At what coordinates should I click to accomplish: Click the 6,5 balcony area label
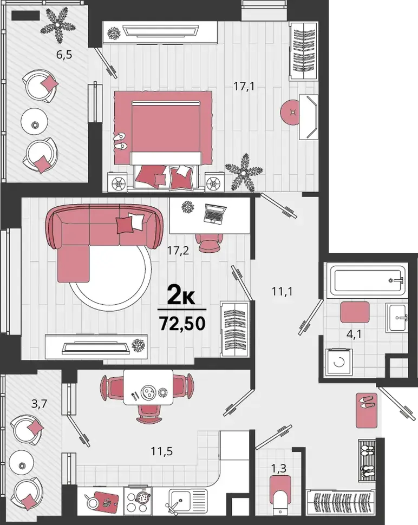(x=64, y=55)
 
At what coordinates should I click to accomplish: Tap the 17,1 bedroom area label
(x=244, y=87)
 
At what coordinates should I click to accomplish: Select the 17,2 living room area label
(x=178, y=250)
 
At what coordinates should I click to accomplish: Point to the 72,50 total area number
(x=182, y=324)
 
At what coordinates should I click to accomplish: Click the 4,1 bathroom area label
(x=354, y=334)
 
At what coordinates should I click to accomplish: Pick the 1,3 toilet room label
(x=279, y=468)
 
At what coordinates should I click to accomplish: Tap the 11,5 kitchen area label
(x=162, y=451)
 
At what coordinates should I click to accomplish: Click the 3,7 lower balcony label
(x=39, y=404)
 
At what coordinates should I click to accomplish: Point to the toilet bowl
(x=280, y=496)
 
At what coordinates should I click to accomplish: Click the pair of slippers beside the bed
(x=120, y=141)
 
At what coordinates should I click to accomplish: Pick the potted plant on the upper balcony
(x=58, y=26)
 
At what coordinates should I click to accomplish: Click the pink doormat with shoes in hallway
(x=367, y=410)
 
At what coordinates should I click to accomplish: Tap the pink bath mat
(x=355, y=312)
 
